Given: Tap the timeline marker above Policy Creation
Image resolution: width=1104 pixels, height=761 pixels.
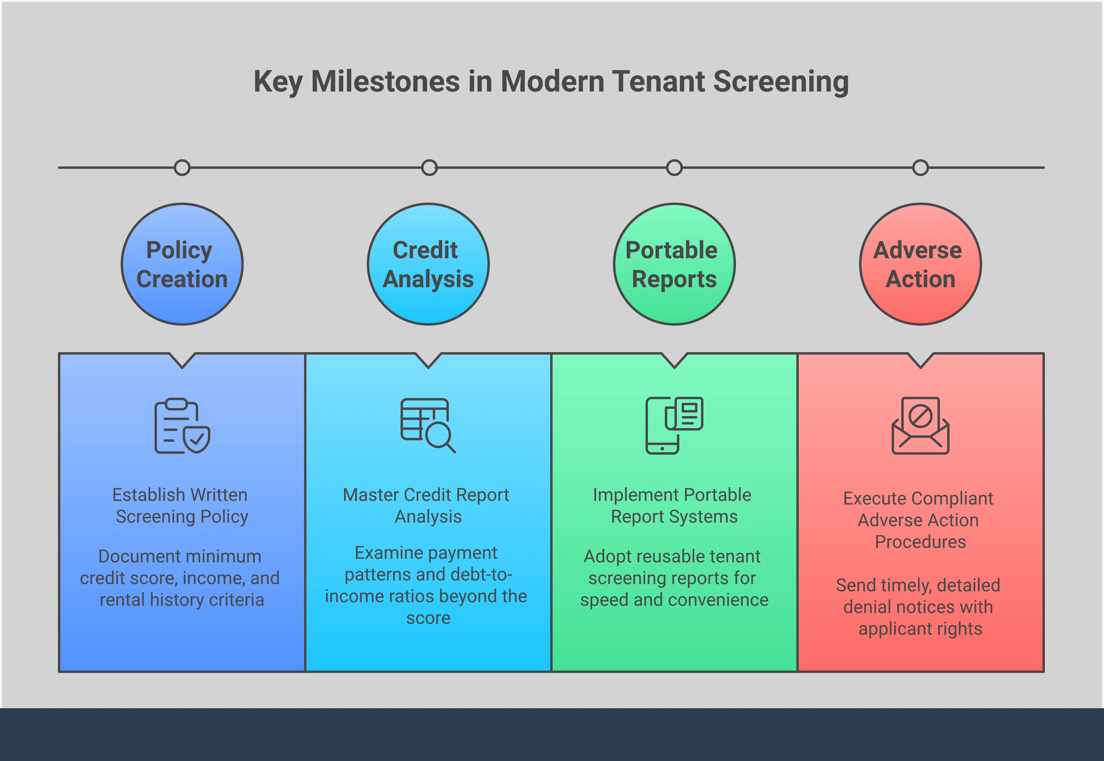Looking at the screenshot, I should pyautogui.click(x=182, y=168).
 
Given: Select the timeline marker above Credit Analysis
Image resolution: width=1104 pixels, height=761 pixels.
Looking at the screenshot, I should pyautogui.click(x=429, y=168).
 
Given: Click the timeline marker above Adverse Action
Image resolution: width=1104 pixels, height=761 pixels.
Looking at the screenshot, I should pyautogui.click(x=920, y=168).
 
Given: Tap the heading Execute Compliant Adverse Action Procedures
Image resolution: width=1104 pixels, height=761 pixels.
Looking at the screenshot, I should pyautogui.click(x=919, y=520).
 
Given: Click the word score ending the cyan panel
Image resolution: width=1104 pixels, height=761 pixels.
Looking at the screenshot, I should pyautogui.click(x=428, y=618).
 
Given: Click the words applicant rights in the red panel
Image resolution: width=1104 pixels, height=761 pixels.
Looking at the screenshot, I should pyautogui.click(x=920, y=629).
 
